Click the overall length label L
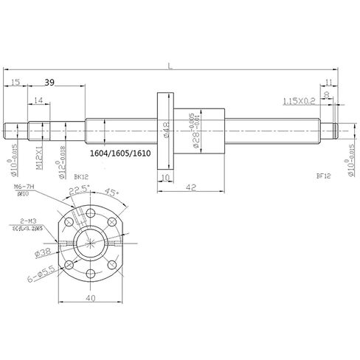click(x=170, y=66)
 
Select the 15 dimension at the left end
click(x=16, y=83)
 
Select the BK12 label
click(x=83, y=178)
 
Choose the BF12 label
click(x=322, y=177)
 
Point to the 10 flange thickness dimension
click(x=165, y=178)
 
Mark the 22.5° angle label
click(x=75, y=193)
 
